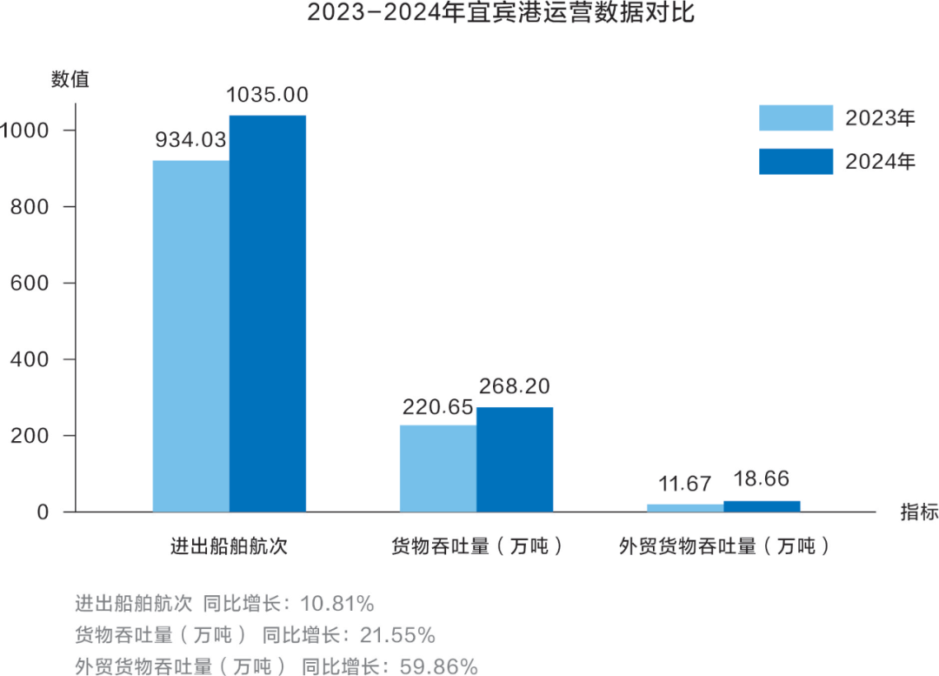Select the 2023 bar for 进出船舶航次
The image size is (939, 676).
point(190,335)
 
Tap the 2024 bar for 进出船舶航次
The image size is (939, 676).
point(267,313)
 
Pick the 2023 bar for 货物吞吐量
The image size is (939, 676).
point(437,467)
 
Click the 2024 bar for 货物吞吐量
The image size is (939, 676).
point(514,458)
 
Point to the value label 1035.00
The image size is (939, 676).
point(267,95)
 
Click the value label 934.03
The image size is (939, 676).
point(190,140)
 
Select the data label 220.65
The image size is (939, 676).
point(437,406)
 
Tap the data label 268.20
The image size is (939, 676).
point(514,386)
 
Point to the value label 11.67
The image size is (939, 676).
point(685,484)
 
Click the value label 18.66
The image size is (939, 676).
point(762,479)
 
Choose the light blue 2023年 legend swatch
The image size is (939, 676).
point(796,118)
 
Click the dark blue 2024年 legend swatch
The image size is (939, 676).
point(796,162)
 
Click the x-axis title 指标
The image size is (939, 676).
point(919,512)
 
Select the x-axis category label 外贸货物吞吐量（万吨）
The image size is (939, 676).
point(723,547)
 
